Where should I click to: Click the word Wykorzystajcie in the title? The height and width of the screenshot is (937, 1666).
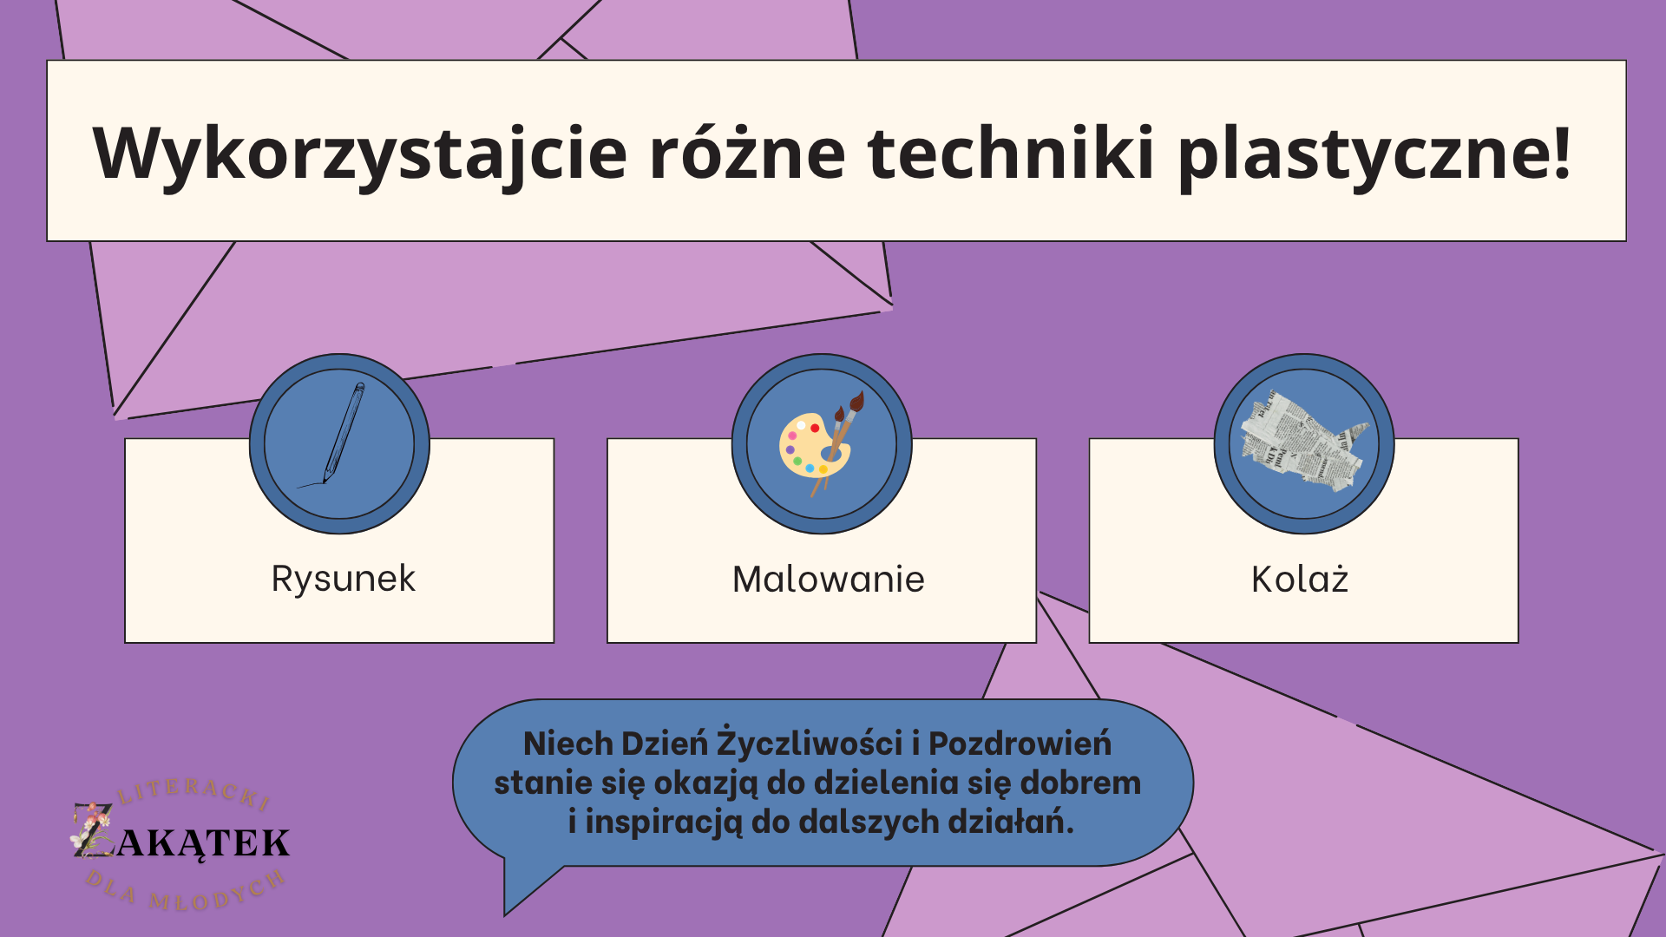coord(360,154)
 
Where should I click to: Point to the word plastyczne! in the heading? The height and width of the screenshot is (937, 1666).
coord(1374,154)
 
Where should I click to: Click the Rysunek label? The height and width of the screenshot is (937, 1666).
coord(344,580)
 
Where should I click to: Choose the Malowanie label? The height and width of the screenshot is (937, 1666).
coord(828,580)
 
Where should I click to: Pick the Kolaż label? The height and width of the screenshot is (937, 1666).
coord(1300,579)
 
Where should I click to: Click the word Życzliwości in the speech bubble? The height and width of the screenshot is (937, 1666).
coord(810,744)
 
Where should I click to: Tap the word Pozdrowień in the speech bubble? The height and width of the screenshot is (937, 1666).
coord(1020,744)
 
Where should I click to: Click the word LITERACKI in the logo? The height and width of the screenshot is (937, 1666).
coord(193,791)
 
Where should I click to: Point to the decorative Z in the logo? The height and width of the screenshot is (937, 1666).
coord(92,830)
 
